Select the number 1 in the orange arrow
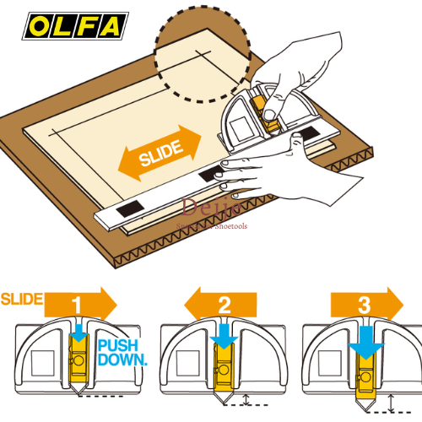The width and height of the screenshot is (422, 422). coord(77,301)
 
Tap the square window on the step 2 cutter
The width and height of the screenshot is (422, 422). coord(181,362)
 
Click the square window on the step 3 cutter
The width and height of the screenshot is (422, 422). coord(322,362)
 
